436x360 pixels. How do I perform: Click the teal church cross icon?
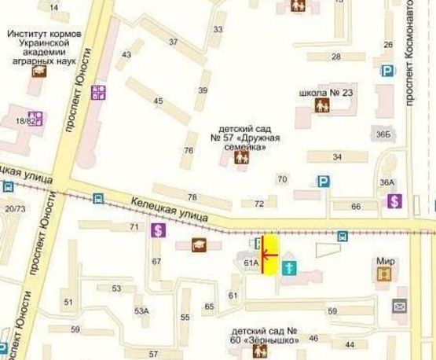(288, 268)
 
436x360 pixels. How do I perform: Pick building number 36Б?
(382, 134)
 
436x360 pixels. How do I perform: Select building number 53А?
(141, 310)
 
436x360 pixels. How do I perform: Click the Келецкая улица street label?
(169, 207)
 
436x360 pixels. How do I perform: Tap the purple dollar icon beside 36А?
(394, 201)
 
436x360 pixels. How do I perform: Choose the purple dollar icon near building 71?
(159, 230)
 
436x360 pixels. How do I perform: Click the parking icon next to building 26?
(387, 71)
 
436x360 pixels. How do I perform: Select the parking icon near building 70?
(323, 181)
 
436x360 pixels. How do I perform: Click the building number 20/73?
(14, 208)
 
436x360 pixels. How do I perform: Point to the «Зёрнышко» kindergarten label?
(264, 336)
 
